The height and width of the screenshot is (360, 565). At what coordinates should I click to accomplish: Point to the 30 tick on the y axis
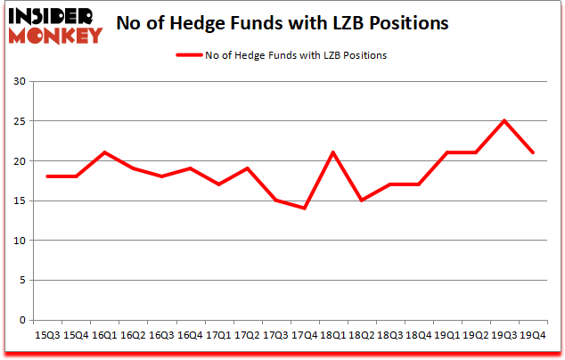(20, 82)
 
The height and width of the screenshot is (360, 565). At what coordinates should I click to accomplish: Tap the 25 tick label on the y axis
(20, 121)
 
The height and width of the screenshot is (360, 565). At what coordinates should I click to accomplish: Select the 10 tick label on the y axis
(20, 241)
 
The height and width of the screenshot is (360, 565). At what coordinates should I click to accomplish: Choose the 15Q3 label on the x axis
(47, 336)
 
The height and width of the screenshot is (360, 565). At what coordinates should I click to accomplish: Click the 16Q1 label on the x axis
(104, 336)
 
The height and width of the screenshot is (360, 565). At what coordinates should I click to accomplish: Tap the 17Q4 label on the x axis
(305, 336)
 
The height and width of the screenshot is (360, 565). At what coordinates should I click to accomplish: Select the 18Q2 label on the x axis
(362, 336)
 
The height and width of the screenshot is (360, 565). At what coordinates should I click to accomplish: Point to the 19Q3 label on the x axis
(504, 336)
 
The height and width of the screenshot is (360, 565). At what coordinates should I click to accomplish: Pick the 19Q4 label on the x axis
(533, 336)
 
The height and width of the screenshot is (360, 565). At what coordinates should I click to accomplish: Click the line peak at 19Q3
(504, 121)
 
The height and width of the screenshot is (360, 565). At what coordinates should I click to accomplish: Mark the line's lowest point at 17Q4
(305, 209)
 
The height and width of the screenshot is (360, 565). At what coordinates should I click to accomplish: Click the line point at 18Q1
(333, 152)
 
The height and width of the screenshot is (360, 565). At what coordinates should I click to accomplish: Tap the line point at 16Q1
(104, 152)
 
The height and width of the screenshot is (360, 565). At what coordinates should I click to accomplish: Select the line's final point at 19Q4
(533, 152)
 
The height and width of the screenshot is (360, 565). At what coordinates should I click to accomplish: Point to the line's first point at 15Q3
(47, 176)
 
